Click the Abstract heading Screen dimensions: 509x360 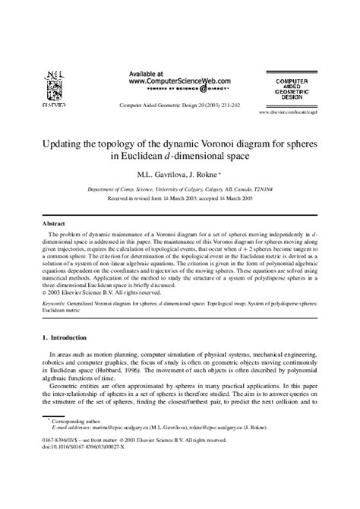[54, 226]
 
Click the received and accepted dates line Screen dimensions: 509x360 [180, 197]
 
